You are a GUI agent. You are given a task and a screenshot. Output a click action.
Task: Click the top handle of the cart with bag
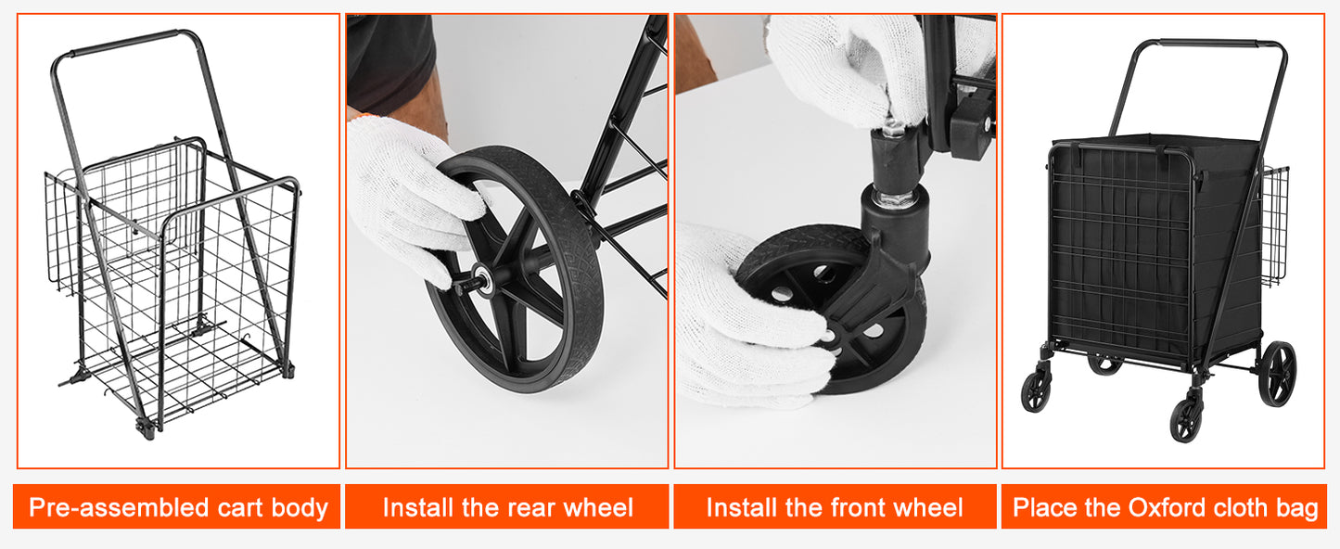click(x=1208, y=43)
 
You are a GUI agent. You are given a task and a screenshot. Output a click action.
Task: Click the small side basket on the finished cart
click(x=1274, y=226)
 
